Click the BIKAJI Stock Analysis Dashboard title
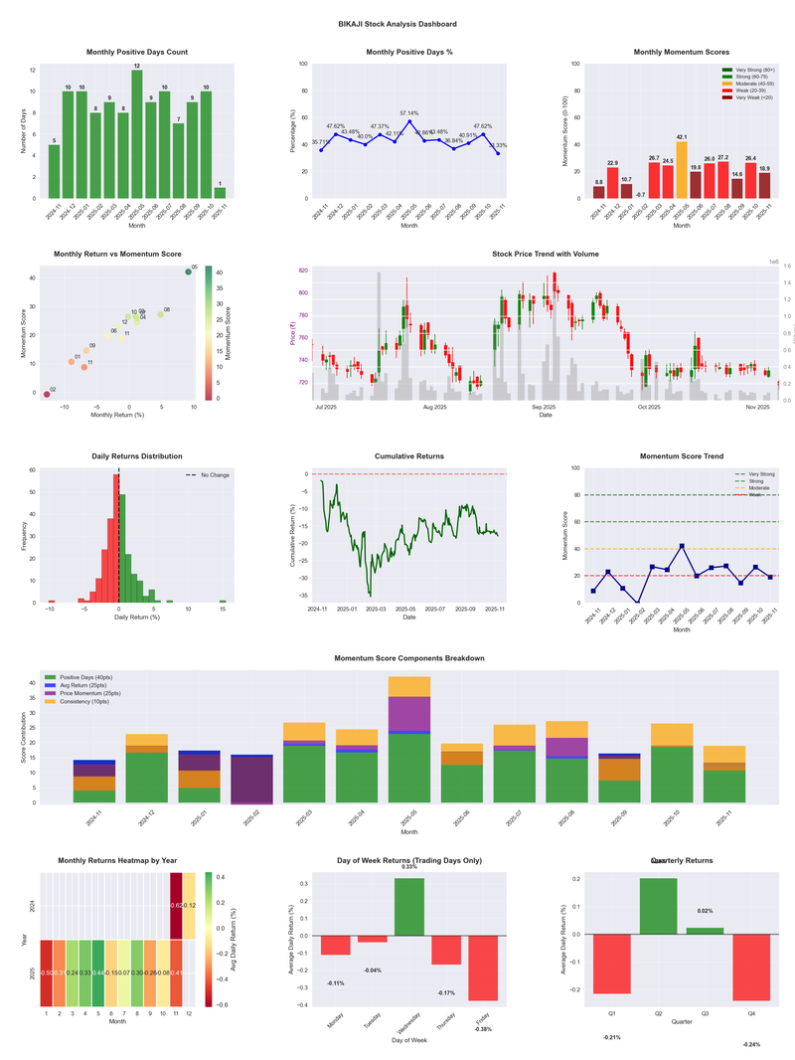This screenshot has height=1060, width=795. tap(397, 23)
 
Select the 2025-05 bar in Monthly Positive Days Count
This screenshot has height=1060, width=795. tap(136, 134)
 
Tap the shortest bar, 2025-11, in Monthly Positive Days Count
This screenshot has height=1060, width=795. tap(220, 193)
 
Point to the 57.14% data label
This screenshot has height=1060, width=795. tap(409, 113)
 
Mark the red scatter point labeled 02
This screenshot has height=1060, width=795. tap(47, 395)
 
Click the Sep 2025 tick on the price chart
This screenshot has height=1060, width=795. tap(544, 407)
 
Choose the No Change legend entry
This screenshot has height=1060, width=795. tap(208, 475)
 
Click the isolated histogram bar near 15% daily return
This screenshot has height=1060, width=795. tap(223, 601)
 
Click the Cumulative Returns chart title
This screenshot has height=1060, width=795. tap(409, 456)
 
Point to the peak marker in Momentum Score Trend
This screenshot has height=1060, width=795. tap(682, 546)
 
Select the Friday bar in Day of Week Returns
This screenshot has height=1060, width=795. tap(482, 968)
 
